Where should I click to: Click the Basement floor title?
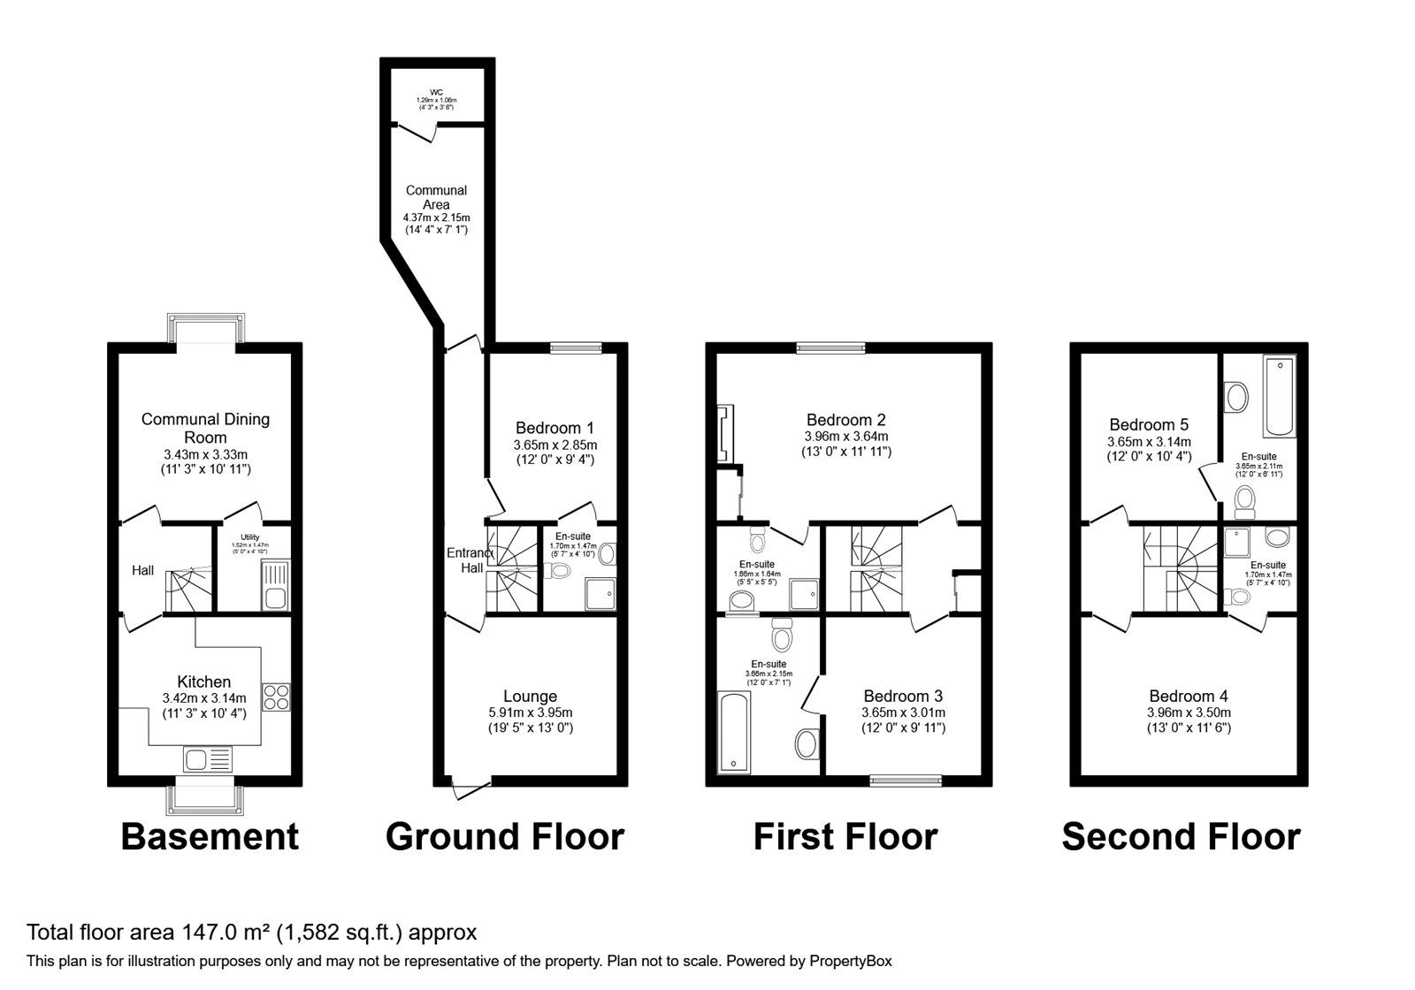coord(210,836)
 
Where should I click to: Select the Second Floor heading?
coord(1181,836)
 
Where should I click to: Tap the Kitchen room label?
coord(204,682)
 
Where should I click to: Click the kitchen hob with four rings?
coord(276,696)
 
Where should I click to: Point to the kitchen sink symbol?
coord(208,758)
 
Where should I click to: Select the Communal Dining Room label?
coord(205,428)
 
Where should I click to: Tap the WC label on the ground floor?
coord(436,92)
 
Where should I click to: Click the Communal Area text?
coord(436,197)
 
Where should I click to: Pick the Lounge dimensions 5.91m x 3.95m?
coord(530,712)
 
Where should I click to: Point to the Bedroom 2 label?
coord(845,420)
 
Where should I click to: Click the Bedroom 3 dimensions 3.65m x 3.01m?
coord(903,712)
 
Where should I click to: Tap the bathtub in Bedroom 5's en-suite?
coord(1280,397)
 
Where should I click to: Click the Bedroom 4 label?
coord(1188,697)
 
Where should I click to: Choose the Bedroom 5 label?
coord(1149,424)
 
